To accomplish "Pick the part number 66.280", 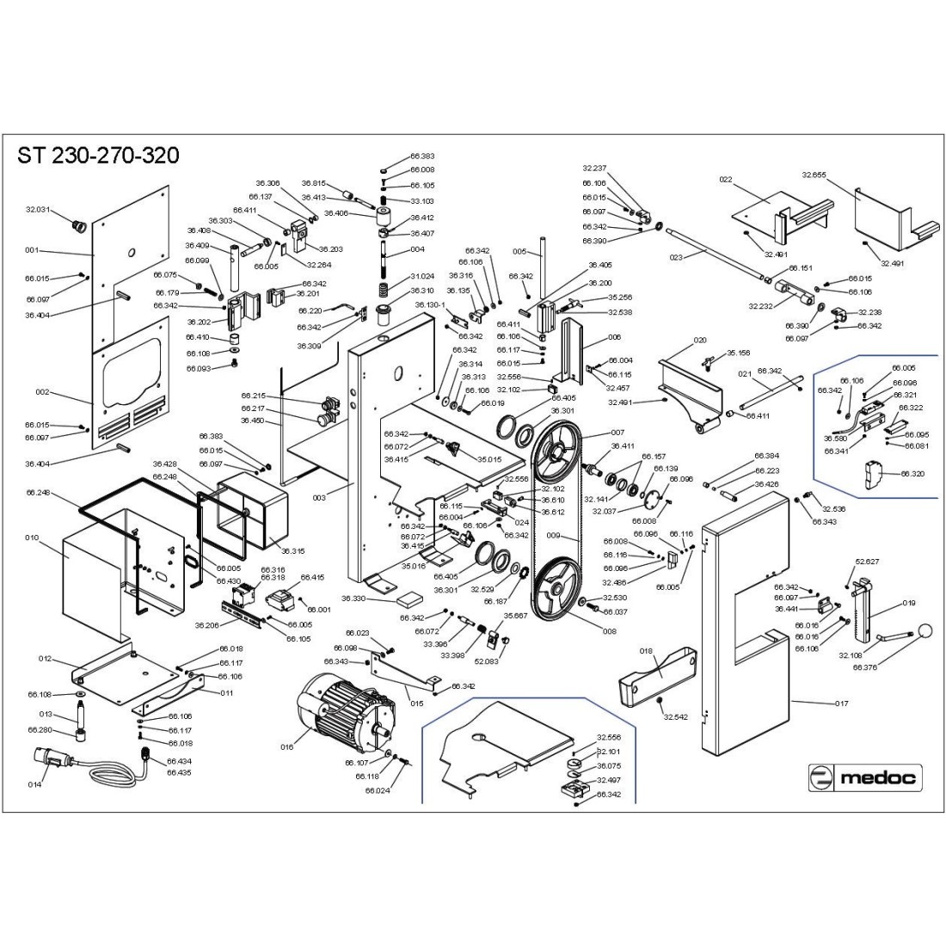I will click(40, 729).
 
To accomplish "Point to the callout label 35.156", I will click(738, 353).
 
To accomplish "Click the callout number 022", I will click(725, 180).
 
